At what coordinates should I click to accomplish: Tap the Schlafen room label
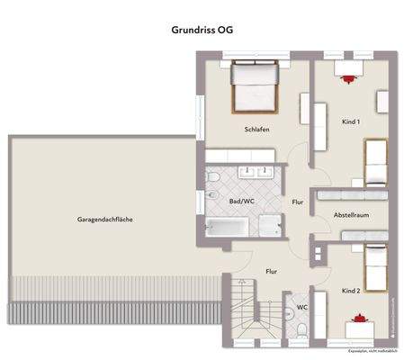[x=257, y=130]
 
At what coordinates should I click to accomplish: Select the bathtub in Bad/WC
[x=229, y=228]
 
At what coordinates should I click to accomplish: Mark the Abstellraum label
[x=347, y=215]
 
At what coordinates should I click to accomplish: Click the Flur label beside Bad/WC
[x=298, y=202]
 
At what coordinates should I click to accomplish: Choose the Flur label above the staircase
[x=271, y=269]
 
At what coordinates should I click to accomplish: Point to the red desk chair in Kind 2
[x=363, y=317]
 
